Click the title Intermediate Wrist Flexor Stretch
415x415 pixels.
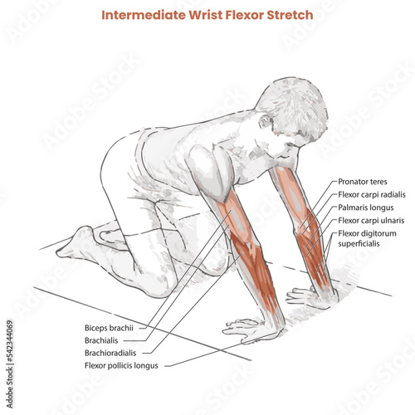(x=207, y=15)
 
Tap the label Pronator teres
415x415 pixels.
(x=363, y=182)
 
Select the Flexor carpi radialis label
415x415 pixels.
(x=372, y=195)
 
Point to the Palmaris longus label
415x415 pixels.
(x=366, y=207)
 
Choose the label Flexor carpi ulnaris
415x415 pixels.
(x=371, y=221)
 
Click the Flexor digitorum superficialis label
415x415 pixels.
(x=367, y=238)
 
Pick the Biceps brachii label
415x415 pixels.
(x=109, y=328)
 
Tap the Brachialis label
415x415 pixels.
(x=101, y=340)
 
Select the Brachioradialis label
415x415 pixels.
(x=110, y=353)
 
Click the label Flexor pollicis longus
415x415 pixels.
(x=121, y=366)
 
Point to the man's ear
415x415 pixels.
(x=265, y=122)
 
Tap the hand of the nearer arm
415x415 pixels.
(x=249, y=330)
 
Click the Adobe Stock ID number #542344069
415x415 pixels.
(x=10, y=341)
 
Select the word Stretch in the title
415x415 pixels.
(x=290, y=15)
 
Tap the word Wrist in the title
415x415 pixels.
(x=206, y=15)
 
